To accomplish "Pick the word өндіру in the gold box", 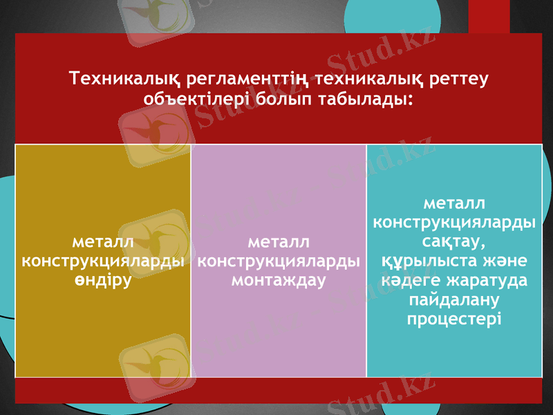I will tap(103, 282).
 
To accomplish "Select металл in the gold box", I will tap(103, 242).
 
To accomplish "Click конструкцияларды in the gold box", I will tap(103, 262).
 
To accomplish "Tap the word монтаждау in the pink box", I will tap(279, 282).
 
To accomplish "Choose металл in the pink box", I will tap(279, 242).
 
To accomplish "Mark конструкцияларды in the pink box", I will tap(279, 262).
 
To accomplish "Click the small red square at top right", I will tap(489, 15).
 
